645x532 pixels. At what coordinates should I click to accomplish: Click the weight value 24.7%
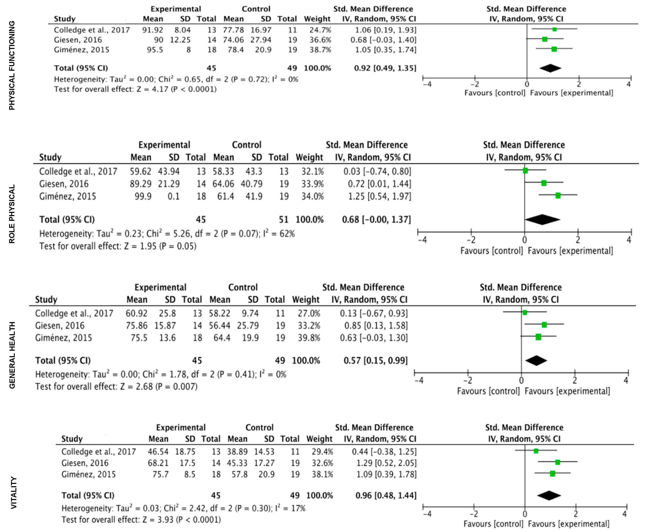click(320, 30)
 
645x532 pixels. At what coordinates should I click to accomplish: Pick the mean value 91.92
click(152, 30)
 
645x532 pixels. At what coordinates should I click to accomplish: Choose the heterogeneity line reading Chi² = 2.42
click(183, 508)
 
